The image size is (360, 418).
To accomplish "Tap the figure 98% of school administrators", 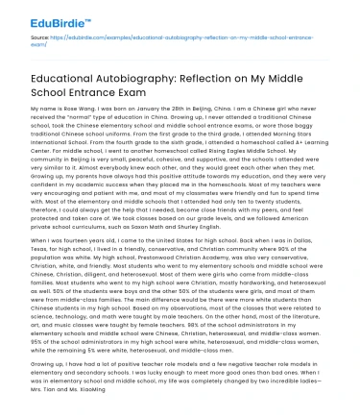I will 230,333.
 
